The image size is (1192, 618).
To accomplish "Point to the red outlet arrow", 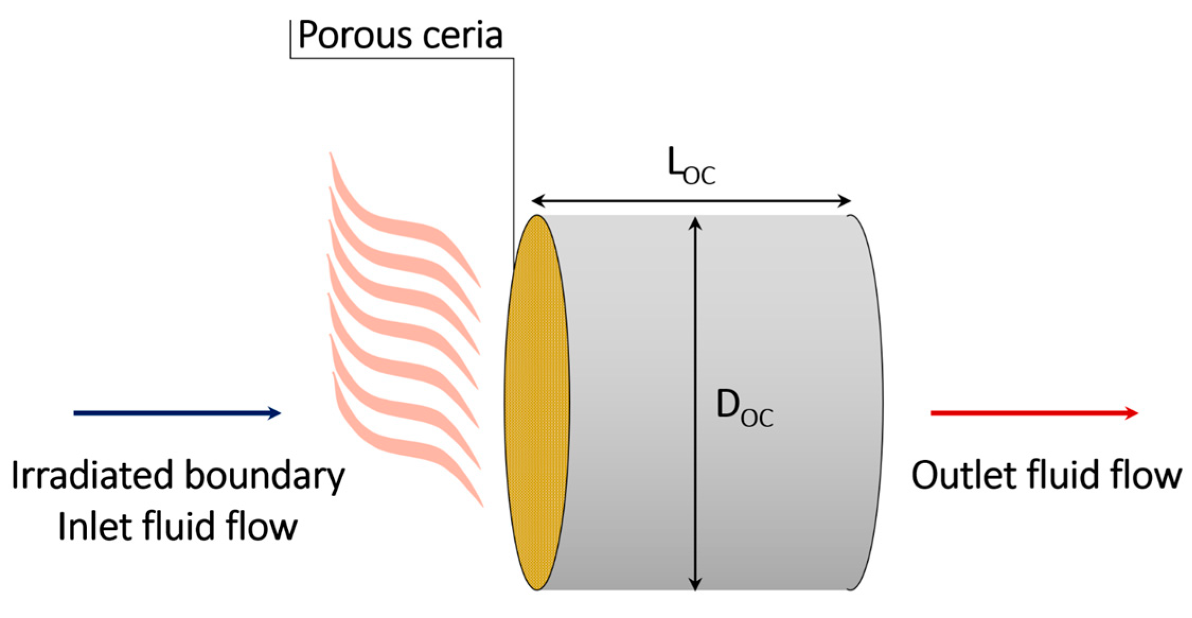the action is pos(1034,413).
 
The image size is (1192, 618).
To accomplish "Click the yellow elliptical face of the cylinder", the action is pos(537,403).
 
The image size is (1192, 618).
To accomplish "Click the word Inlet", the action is pos(90,526).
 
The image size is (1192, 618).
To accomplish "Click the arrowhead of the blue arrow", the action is pos(274,413).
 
